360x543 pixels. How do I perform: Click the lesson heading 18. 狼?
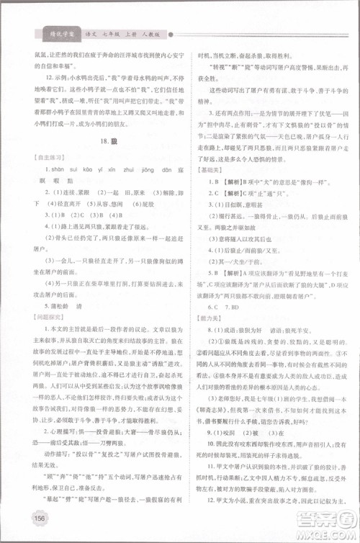pyautogui.click(x=104, y=144)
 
